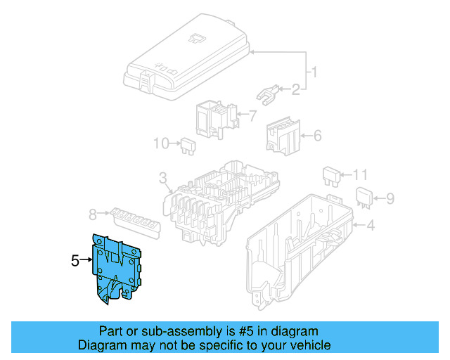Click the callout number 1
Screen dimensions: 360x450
(x=315, y=72)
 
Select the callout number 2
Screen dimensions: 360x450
(x=295, y=89)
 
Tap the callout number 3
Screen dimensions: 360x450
(x=162, y=177)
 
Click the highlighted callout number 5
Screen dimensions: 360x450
(x=75, y=261)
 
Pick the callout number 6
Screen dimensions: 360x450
(x=316, y=135)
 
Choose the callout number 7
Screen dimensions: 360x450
(x=253, y=115)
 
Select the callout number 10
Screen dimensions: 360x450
(x=161, y=144)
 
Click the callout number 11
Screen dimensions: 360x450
(x=360, y=174)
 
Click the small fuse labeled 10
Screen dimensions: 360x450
(x=188, y=146)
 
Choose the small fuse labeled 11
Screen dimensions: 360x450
(x=330, y=176)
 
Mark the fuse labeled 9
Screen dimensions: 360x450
(x=364, y=198)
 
